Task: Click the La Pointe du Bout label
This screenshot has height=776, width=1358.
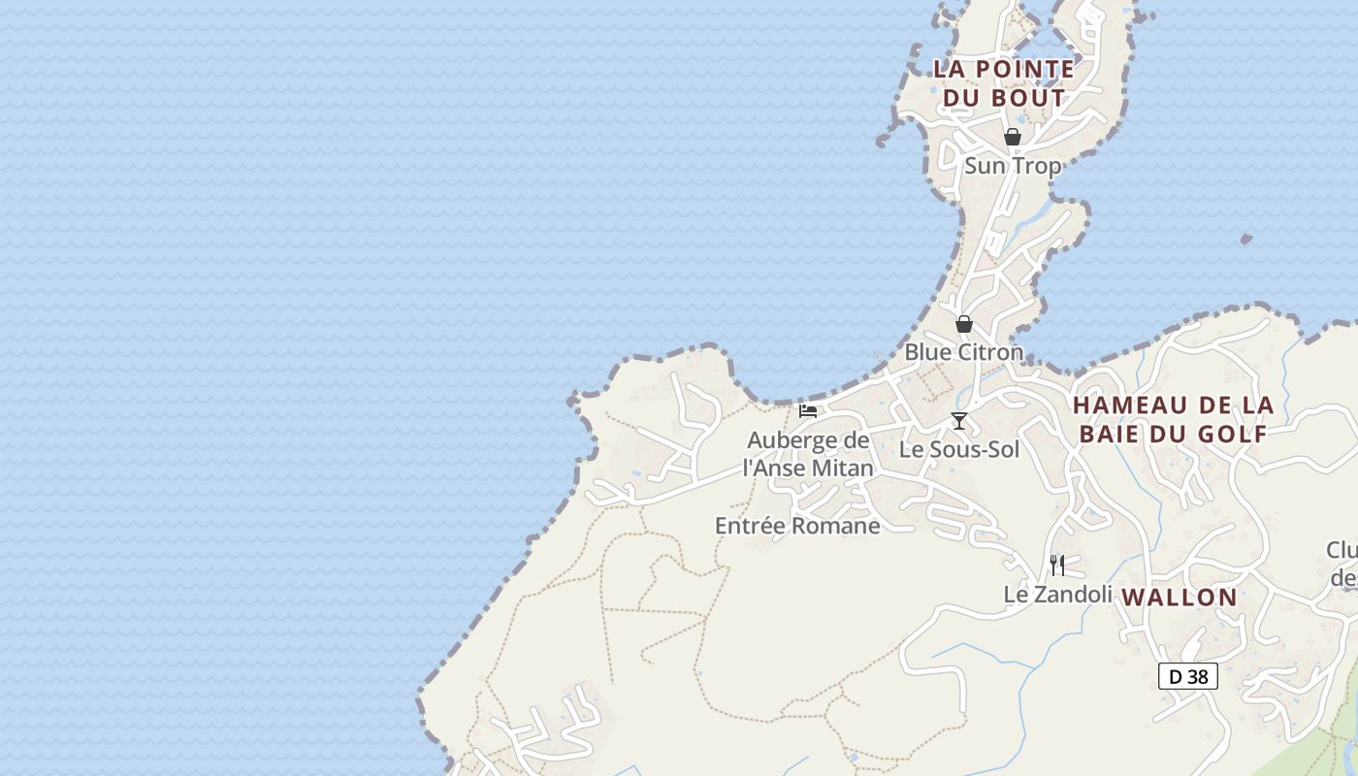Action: point(1004,83)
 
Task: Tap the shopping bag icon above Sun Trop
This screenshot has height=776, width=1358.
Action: point(1013,137)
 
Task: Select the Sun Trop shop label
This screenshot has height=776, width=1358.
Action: point(1013,166)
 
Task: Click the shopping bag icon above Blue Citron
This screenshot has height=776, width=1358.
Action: point(964,324)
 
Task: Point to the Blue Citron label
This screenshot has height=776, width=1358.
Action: point(964,352)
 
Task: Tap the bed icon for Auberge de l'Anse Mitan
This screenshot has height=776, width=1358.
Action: point(808,411)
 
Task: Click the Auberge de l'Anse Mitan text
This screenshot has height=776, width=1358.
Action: point(808,454)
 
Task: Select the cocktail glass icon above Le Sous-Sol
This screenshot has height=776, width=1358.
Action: point(959,421)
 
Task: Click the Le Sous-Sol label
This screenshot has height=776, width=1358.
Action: point(959,449)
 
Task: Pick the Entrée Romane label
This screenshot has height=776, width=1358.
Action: point(797,526)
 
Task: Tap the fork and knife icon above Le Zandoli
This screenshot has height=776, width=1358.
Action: point(1057,565)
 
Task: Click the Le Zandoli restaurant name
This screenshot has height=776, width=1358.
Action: point(1057,594)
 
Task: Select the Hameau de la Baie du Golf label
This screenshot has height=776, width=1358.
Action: point(1173,419)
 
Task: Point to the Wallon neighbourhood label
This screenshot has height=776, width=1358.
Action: point(1180,598)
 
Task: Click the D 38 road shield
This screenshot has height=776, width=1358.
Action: point(1188,676)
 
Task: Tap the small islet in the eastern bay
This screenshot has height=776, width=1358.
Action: point(1246,239)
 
